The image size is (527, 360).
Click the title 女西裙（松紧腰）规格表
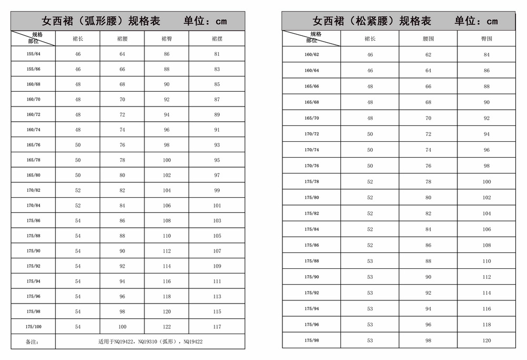pyautogui.click(x=372, y=21)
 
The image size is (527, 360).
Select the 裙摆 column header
pyautogui.click(x=217, y=38)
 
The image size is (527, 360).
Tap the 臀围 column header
pyautogui.click(x=486, y=39)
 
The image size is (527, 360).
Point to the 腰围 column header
pyautogui.click(x=428, y=39)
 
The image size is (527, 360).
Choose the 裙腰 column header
pyautogui.click(x=122, y=38)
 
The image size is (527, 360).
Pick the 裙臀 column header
pyautogui.click(x=167, y=38)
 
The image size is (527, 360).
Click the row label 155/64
pyautogui.click(x=33, y=54)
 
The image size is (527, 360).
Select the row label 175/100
pyautogui.click(x=33, y=327)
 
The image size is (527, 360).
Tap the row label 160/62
pyautogui.click(x=311, y=55)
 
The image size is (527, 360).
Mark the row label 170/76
pyautogui.click(x=311, y=166)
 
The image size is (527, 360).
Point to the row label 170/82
pyautogui.click(x=33, y=190)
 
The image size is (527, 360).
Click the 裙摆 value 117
pyautogui.click(x=217, y=327)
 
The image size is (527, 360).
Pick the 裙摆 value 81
pyautogui.click(x=217, y=54)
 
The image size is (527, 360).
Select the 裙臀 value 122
pyautogui.click(x=167, y=327)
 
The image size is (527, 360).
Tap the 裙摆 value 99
pyautogui.click(x=217, y=190)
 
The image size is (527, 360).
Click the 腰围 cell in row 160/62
pyautogui.click(x=428, y=55)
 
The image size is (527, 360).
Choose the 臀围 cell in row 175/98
pyautogui.click(x=486, y=340)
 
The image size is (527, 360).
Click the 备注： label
pyautogui.click(x=33, y=342)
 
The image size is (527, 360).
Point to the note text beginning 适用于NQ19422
pyautogui.click(x=150, y=342)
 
